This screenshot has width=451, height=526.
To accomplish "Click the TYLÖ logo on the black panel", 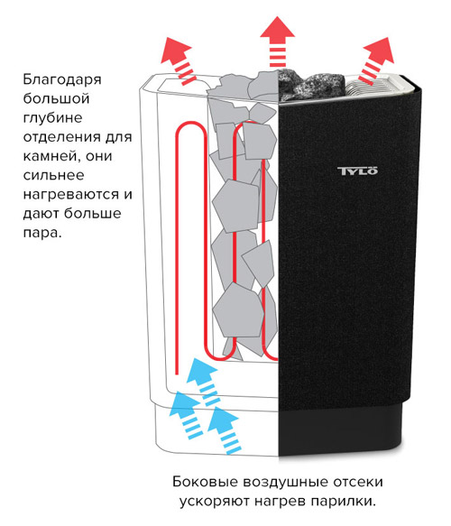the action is tap(357, 171).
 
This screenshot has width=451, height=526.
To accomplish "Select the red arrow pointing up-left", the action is tap(178, 60).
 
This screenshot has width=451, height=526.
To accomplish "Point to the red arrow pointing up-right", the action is tap(376, 60).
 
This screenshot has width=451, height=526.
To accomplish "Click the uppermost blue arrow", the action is tap(203, 381).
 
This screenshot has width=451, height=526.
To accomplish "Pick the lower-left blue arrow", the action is tap(186, 415).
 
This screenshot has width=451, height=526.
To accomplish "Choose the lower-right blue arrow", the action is tap(224, 430).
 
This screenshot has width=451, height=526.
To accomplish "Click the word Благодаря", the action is tap(62, 80).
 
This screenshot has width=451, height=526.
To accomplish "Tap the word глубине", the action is tap(52, 118).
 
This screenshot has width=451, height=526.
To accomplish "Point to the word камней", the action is tap(51, 156).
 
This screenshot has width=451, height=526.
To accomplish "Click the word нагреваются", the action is tap(70, 195).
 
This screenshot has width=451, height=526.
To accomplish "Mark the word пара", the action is tap(41, 232).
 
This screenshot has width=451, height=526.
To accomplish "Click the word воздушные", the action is tap(285, 483).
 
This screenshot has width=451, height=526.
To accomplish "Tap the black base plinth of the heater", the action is tap(340, 429).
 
